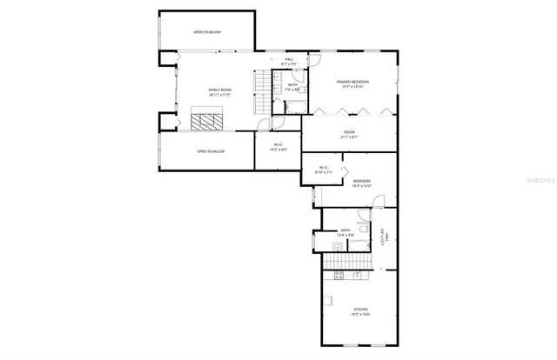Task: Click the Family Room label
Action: coord(219,91)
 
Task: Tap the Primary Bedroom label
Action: coord(352,83)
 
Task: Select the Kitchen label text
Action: coord(360,311)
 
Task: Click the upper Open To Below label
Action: coord(207,32)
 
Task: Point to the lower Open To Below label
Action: coord(211,151)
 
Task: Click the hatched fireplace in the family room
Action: coord(209,120)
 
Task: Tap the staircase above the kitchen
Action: coord(346,263)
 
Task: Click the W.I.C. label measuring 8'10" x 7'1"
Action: coord(323,170)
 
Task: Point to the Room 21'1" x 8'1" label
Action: coord(348,135)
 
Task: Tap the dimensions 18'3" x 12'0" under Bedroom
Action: coord(362,186)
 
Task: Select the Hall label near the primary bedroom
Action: coord(288,60)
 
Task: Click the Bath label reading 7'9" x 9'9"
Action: coord(293,86)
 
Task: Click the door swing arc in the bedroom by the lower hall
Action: coord(378,201)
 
